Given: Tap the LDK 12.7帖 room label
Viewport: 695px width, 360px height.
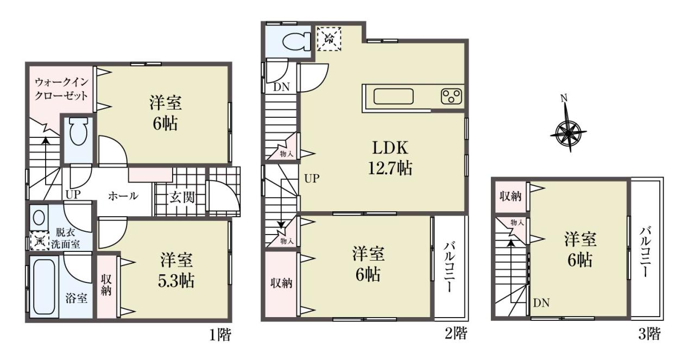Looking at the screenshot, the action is click(x=390, y=158).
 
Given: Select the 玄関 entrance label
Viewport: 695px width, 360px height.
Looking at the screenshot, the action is click(x=182, y=198).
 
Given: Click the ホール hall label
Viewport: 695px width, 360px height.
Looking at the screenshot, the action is click(x=123, y=196).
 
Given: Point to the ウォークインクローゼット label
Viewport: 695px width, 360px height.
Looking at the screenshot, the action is click(x=61, y=89).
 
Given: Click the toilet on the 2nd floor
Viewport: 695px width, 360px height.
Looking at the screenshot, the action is click(x=296, y=42).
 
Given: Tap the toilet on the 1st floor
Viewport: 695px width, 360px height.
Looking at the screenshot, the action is click(x=78, y=131).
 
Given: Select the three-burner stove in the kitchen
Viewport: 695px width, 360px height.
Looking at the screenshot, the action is click(x=451, y=96).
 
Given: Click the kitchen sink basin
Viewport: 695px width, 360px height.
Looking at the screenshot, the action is click(x=394, y=97).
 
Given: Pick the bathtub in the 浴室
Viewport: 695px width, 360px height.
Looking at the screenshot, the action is click(x=44, y=286).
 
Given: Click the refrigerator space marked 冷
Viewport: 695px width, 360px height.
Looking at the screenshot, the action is click(x=329, y=39).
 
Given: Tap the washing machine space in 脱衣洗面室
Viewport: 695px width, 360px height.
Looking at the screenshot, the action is click(x=40, y=241).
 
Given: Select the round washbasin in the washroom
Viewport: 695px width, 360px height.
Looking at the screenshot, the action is click(x=39, y=218).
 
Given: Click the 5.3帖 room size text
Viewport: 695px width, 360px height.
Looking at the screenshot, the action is click(x=176, y=281).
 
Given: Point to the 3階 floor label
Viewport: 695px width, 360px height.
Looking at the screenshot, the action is click(x=649, y=334).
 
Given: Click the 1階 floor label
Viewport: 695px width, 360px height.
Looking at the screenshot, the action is click(x=220, y=335).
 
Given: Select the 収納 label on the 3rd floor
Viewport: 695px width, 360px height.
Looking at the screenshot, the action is click(x=510, y=196).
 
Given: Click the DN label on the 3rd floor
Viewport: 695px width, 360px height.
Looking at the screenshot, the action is click(x=541, y=303).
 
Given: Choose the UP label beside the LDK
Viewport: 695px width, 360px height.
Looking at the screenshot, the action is click(x=312, y=179).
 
